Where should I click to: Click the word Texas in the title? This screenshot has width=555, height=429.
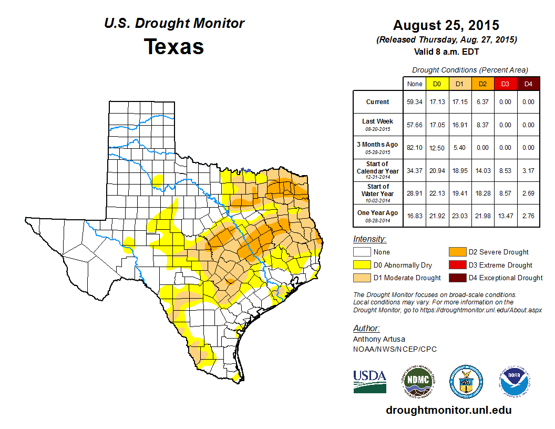[174, 46]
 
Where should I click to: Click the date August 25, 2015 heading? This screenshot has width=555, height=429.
[446, 25]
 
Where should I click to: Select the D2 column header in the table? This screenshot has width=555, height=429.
[482, 84]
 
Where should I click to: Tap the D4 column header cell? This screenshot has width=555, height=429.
[528, 84]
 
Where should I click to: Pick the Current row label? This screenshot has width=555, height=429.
[378, 102]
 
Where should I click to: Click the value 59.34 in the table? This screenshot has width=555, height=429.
[414, 102]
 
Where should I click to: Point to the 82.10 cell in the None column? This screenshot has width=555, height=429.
[414, 148]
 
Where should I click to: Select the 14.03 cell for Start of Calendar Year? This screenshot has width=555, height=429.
[482, 170]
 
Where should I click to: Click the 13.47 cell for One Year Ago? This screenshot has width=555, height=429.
[505, 216]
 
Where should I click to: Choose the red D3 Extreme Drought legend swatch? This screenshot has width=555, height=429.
[455, 265]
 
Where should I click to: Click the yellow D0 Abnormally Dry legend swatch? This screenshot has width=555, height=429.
[361, 265]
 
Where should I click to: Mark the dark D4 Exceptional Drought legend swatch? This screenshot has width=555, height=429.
[455, 278]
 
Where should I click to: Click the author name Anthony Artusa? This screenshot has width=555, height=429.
[379, 339]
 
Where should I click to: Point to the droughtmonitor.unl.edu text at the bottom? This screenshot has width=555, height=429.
[448, 410]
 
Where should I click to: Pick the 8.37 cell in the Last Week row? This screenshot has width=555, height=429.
[482, 125]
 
